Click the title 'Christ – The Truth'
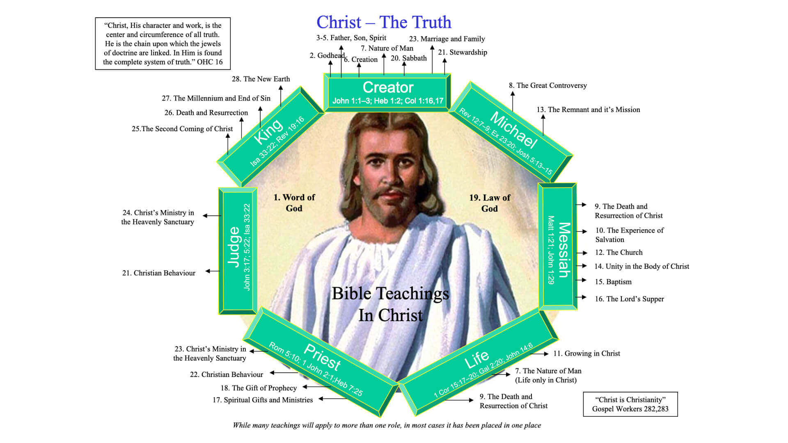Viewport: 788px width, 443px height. pyautogui.click(x=384, y=22)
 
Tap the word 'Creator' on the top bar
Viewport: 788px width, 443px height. pyautogui.click(x=388, y=87)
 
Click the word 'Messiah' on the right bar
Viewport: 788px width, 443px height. pyautogui.click(x=564, y=250)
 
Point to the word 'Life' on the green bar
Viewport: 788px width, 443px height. pyautogui.click(x=476, y=359)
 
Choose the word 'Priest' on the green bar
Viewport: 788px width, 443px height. pyautogui.click(x=322, y=356)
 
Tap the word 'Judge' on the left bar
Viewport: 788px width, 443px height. pyautogui.click(x=234, y=247)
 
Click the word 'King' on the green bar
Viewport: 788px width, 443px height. pyautogui.click(x=268, y=131)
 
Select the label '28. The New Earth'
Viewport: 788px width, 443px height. pyautogui.click(x=261, y=79)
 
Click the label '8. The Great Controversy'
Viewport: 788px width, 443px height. pyautogui.click(x=547, y=85)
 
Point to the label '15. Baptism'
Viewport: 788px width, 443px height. pyautogui.click(x=613, y=282)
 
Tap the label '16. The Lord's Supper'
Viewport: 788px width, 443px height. pyautogui.click(x=629, y=299)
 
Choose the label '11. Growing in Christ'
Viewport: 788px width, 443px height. pyautogui.click(x=586, y=354)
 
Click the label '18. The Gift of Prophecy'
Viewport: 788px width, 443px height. pyautogui.click(x=259, y=388)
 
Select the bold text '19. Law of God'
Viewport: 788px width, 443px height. pyautogui.click(x=490, y=203)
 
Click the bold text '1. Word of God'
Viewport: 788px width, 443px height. pyautogui.click(x=294, y=203)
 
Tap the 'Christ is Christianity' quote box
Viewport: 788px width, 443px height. pyautogui.click(x=630, y=404)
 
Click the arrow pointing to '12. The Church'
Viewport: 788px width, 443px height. pyautogui.click(x=582, y=253)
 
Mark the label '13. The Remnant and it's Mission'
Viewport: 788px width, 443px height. pyautogui.click(x=588, y=110)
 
